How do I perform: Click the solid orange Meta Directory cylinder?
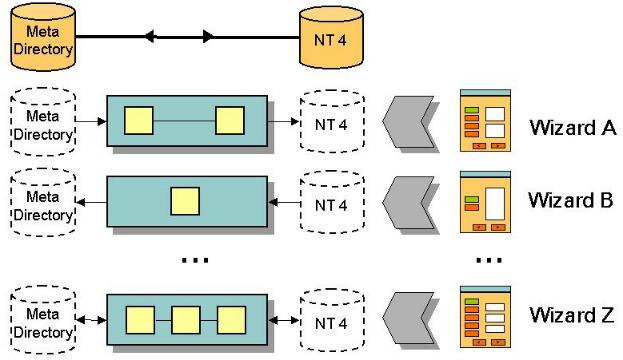tap(43, 37)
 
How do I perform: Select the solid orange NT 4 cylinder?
tap(331, 37)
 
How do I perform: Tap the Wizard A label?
tap(573, 128)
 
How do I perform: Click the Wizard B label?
tap(571, 200)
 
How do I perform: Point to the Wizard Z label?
tap(572, 315)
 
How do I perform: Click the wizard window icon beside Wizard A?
tap(485, 120)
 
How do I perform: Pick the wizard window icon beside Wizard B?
tap(485, 202)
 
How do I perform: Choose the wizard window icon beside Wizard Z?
tap(485, 317)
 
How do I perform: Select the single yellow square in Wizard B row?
tap(185, 201)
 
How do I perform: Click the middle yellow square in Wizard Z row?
tap(186, 320)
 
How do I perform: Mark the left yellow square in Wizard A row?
tap(139, 120)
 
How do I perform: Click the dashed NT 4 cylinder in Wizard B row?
tap(332, 202)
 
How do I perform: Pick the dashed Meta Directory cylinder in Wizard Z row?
tap(43, 320)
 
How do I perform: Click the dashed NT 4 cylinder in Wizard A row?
tap(332, 122)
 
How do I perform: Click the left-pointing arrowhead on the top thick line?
tap(149, 37)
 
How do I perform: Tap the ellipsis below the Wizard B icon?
tap(489, 260)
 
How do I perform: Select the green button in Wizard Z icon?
tap(472, 302)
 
